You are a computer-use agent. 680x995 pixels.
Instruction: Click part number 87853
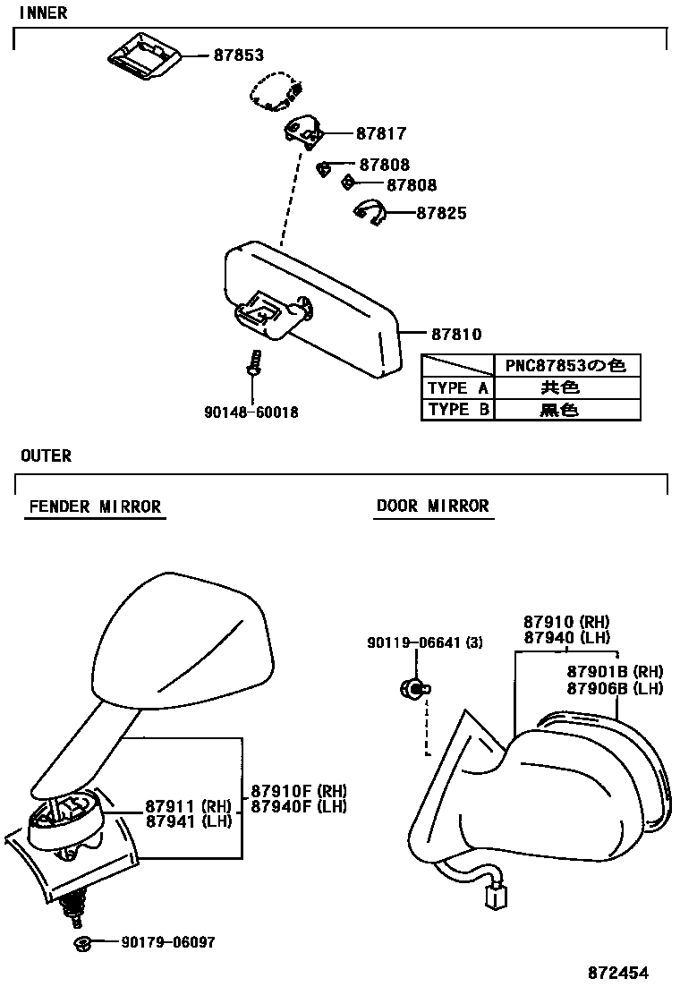tap(238, 55)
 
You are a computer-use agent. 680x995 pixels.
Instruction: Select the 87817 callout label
tap(381, 134)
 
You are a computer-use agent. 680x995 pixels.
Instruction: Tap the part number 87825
tap(441, 214)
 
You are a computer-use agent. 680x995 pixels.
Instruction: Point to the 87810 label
tap(456, 335)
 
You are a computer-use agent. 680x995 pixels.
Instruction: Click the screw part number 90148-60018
tap(251, 412)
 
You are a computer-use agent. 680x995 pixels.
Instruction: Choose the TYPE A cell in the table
tap(457, 388)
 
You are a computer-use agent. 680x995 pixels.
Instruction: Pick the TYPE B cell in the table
tap(457, 410)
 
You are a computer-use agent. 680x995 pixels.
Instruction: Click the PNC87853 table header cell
tap(566, 366)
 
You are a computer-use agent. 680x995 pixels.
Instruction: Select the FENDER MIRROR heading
tap(95, 506)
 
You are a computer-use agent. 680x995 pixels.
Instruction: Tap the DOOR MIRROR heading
tap(433, 506)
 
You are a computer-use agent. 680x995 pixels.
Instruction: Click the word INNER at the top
tap(43, 13)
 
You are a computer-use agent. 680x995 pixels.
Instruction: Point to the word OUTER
tap(46, 456)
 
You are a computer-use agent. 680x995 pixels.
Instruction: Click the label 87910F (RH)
tap(298, 791)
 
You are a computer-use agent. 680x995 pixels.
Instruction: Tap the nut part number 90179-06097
tap(167, 942)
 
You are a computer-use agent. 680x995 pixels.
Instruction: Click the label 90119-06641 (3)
tap(424, 642)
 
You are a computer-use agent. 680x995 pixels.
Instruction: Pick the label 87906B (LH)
tap(615, 688)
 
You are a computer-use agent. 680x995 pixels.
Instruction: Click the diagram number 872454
tap(617, 974)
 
